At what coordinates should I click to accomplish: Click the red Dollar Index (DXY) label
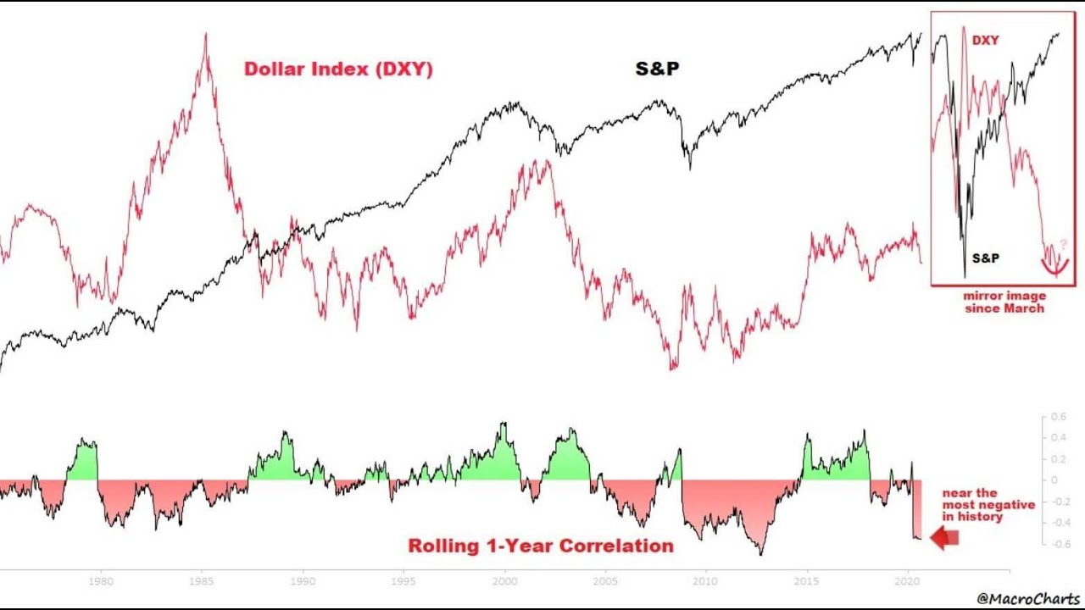[x=338, y=69]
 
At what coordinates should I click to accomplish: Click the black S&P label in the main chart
[x=657, y=69]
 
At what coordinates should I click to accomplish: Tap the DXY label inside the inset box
[x=985, y=41]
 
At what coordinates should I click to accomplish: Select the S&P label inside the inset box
[x=985, y=258]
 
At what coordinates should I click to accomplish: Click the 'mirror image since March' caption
[x=1004, y=302]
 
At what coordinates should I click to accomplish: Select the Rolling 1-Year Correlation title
[x=541, y=546]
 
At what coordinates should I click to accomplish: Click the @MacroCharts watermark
[x=1028, y=599]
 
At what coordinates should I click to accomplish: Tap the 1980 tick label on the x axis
[x=102, y=582]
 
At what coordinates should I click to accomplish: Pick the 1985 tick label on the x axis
[x=202, y=582]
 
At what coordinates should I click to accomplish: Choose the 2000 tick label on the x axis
[x=505, y=582]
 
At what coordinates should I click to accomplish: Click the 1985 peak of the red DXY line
[x=205, y=36]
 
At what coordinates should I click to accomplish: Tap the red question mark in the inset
[x=1064, y=244]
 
